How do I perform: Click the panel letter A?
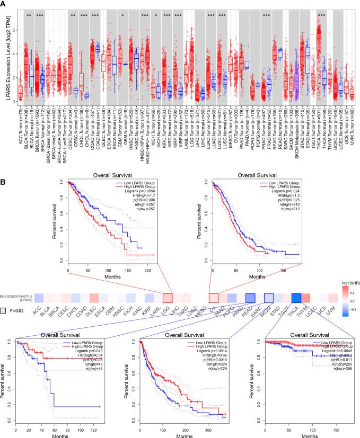(4, 5)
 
